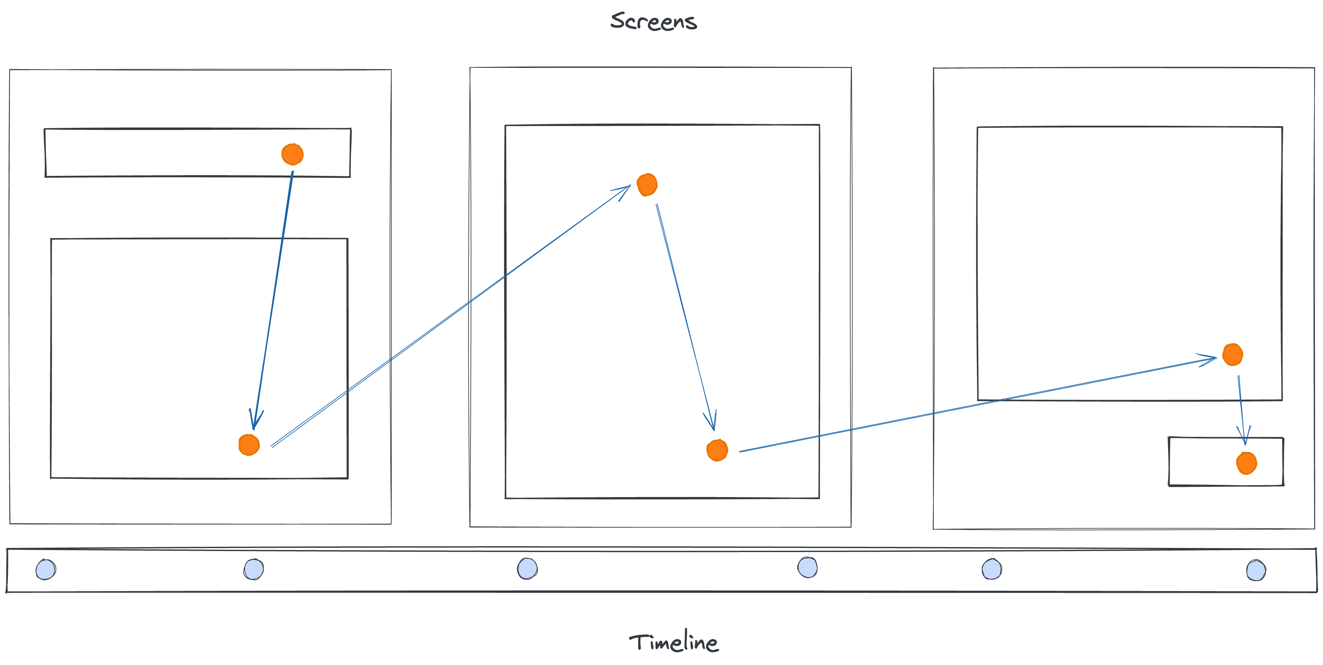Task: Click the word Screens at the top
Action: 653,21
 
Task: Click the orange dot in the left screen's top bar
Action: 292,154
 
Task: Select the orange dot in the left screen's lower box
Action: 249,444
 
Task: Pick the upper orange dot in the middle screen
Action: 647,184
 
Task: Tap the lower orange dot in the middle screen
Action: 717,450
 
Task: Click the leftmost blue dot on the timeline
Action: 46,569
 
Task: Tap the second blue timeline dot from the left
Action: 254,569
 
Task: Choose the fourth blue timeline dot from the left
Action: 808,567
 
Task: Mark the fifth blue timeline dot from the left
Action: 992,569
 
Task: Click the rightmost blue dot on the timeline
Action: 1256,570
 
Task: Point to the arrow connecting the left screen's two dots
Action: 273,298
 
